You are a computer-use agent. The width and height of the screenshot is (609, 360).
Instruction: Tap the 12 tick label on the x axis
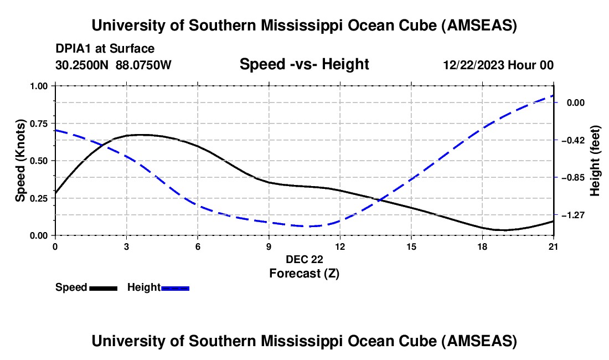pyautogui.click(x=340, y=246)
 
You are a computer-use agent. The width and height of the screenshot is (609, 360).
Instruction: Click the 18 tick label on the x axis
pyautogui.click(x=482, y=246)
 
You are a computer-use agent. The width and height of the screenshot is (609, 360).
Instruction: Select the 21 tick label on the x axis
pyautogui.click(x=554, y=246)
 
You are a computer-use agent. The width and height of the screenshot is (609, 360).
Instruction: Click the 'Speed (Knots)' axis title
pyautogui.click(x=20, y=161)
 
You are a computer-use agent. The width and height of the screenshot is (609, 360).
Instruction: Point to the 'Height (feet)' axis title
pyautogui.click(x=595, y=161)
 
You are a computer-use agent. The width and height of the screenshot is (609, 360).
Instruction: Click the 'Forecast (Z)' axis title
pyautogui.click(x=304, y=273)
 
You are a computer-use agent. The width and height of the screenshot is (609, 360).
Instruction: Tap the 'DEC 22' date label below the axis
pyautogui.click(x=304, y=259)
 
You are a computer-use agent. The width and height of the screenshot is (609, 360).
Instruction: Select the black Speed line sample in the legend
pyautogui.click(x=103, y=288)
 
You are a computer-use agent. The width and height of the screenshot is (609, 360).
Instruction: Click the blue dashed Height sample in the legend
pyautogui.click(x=176, y=288)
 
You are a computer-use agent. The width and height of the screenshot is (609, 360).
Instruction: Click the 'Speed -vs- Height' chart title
pyautogui.click(x=304, y=64)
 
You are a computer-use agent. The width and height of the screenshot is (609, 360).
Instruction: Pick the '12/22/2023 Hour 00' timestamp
pyautogui.click(x=498, y=65)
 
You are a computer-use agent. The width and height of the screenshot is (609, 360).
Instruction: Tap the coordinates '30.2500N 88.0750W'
pyautogui.click(x=113, y=65)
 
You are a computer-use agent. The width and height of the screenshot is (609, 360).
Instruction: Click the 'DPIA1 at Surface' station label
pyautogui.click(x=105, y=49)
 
